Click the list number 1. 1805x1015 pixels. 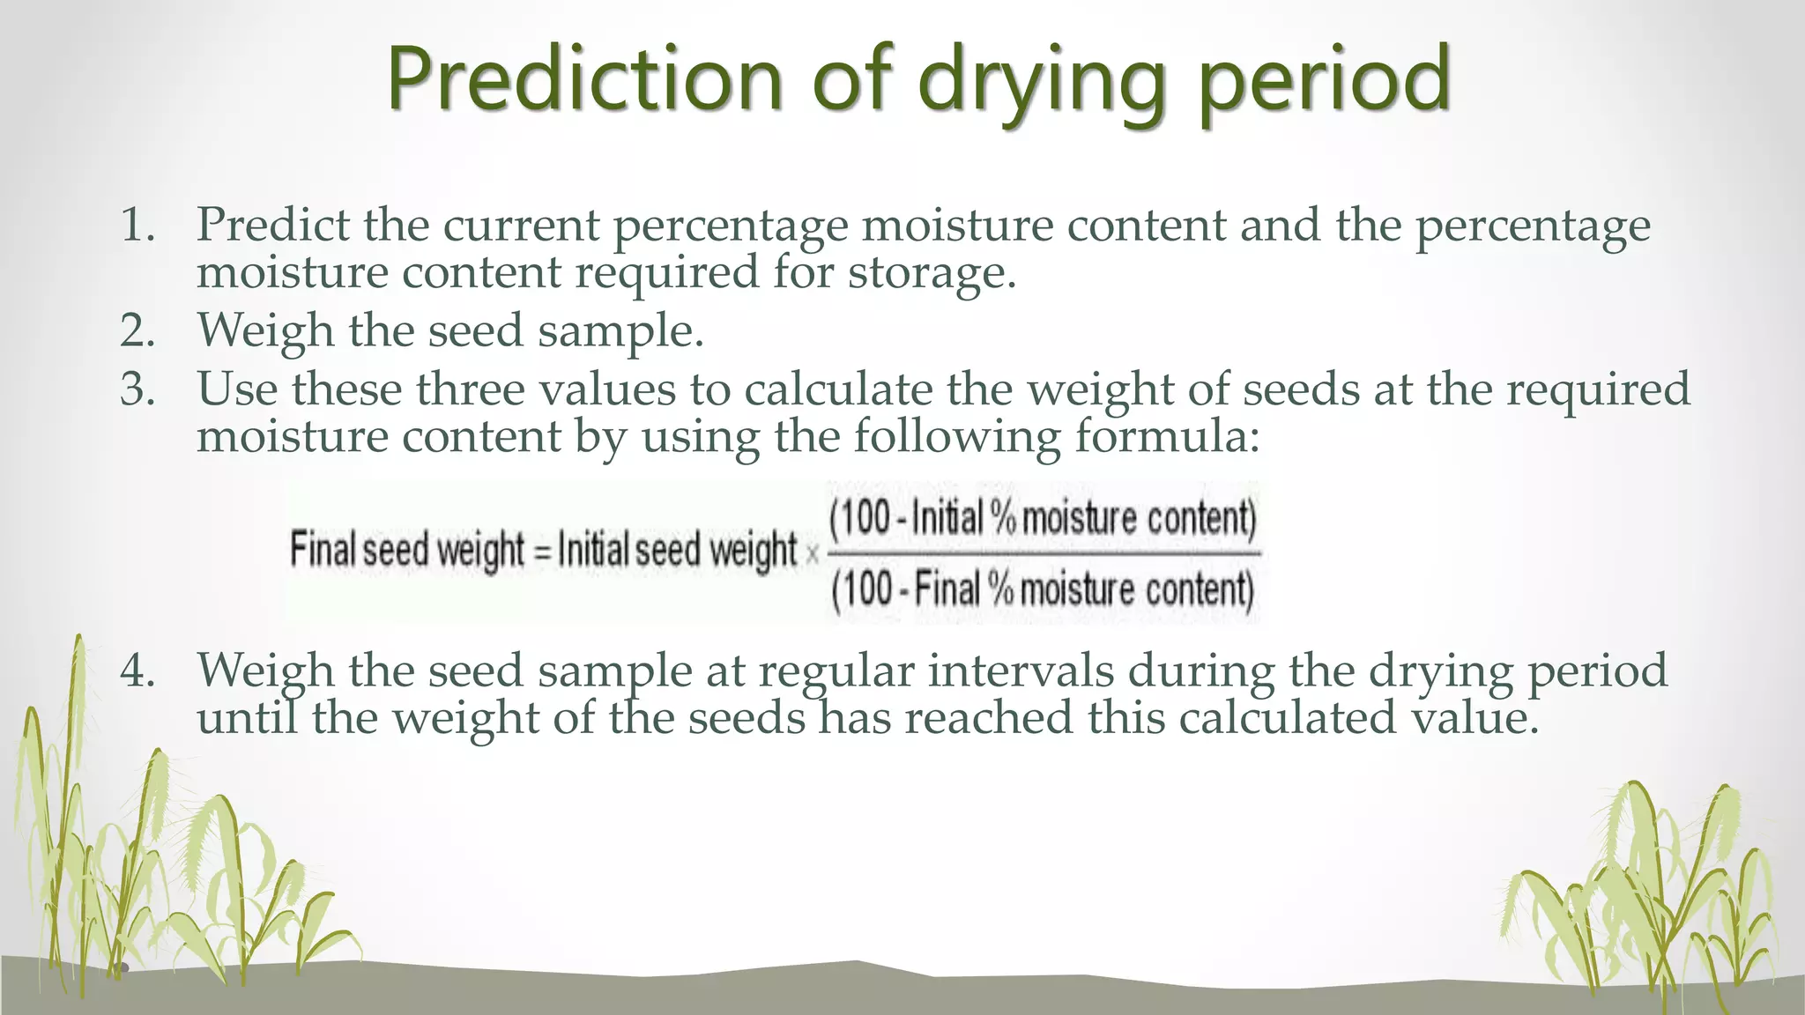coord(137,226)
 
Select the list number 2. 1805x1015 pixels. coord(137,331)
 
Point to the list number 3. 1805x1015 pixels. coord(137,389)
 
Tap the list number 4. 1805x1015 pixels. coord(137,671)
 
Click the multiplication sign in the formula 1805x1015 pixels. coord(812,554)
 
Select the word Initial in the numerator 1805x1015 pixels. coord(946,518)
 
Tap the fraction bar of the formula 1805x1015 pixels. coord(1044,553)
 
